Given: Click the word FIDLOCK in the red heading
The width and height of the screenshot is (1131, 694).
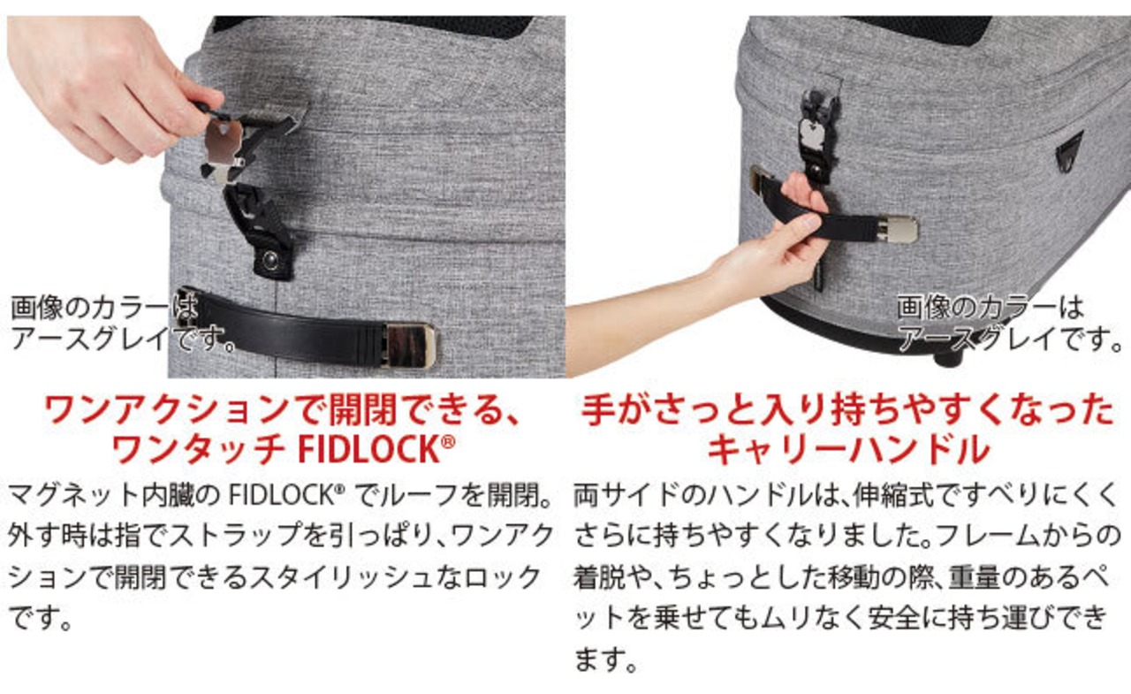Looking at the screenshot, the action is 368,449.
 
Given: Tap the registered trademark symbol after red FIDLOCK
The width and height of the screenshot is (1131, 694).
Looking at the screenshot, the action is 448,442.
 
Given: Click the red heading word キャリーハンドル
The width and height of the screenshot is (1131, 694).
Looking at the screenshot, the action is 847,449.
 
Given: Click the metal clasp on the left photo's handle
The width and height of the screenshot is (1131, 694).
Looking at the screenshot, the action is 409,345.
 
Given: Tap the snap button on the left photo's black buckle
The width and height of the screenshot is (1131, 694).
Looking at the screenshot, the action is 271,261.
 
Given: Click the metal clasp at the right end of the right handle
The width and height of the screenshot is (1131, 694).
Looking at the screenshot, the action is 897,229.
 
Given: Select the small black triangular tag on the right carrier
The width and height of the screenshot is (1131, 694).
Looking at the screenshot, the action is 1070,151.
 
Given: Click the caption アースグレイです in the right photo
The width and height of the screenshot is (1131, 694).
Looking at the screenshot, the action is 1009,339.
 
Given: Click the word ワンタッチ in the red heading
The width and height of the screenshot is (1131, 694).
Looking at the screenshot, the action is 198,449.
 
